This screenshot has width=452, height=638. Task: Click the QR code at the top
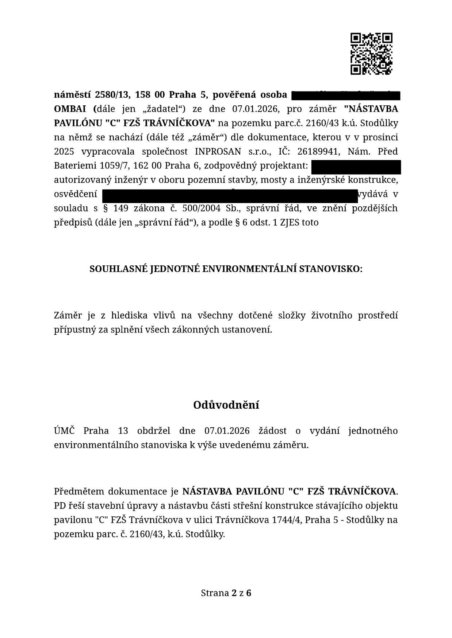[371, 54]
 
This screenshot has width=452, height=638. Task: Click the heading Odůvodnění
[226, 405]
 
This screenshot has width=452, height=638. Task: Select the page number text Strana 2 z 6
[226, 593]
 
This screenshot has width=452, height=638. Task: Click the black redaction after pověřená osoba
[345, 96]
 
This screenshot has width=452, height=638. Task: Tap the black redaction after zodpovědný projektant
[356, 167]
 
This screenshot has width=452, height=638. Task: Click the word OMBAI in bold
[72, 109]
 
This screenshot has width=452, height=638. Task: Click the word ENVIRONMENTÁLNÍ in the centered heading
[249, 269]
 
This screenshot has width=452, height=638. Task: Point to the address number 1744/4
[286, 520]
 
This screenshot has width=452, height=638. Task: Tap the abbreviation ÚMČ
[64, 431]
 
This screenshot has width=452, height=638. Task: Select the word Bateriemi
[75, 166]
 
